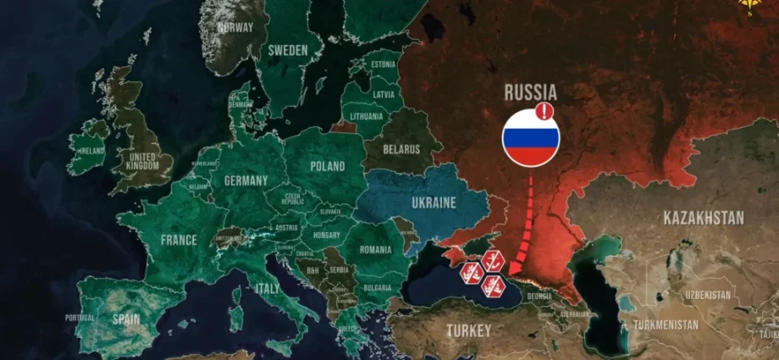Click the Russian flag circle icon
[x=531, y=138]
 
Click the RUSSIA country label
[x=530, y=92]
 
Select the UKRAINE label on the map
[x=434, y=203]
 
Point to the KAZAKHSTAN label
[x=704, y=218]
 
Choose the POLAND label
[x=328, y=166]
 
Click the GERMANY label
[x=246, y=180]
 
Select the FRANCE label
[x=179, y=240]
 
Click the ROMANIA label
[x=375, y=251]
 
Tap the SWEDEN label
[x=288, y=50]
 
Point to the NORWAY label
[x=235, y=26]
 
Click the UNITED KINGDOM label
[x=141, y=160]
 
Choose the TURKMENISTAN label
[x=669, y=324]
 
